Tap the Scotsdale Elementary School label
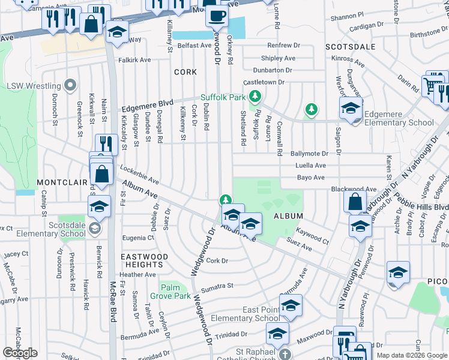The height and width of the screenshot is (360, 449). pos(58,229)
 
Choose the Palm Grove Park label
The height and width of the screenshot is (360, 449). pos(171,292)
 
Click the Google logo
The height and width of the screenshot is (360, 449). pos(20,353)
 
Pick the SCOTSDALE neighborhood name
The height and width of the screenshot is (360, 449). pos(351,46)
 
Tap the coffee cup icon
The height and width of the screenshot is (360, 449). pos(217,14)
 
